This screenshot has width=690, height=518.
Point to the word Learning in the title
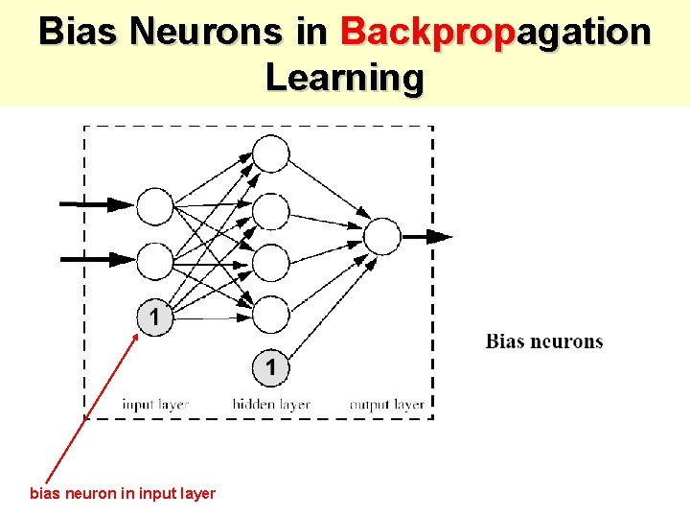[344, 78]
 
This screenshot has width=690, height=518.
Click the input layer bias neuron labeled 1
[155, 317]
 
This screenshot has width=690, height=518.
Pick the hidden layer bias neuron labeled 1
[271, 365]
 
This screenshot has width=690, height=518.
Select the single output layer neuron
[382, 236]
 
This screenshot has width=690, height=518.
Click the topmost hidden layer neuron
[271, 153]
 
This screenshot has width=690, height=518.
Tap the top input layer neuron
[155, 205]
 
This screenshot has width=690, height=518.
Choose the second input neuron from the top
[155, 260]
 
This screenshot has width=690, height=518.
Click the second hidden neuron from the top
[271, 210]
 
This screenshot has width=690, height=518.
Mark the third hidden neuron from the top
[271, 262]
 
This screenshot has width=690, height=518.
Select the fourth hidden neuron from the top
[271, 314]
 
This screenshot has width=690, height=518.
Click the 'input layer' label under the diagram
[155, 405]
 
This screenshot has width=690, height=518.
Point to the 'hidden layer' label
[271, 405]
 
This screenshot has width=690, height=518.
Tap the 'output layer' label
[386, 405]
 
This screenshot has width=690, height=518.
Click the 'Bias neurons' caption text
[544, 341]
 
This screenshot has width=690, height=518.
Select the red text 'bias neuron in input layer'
[123, 494]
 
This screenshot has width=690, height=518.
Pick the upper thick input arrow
[97, 204]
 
